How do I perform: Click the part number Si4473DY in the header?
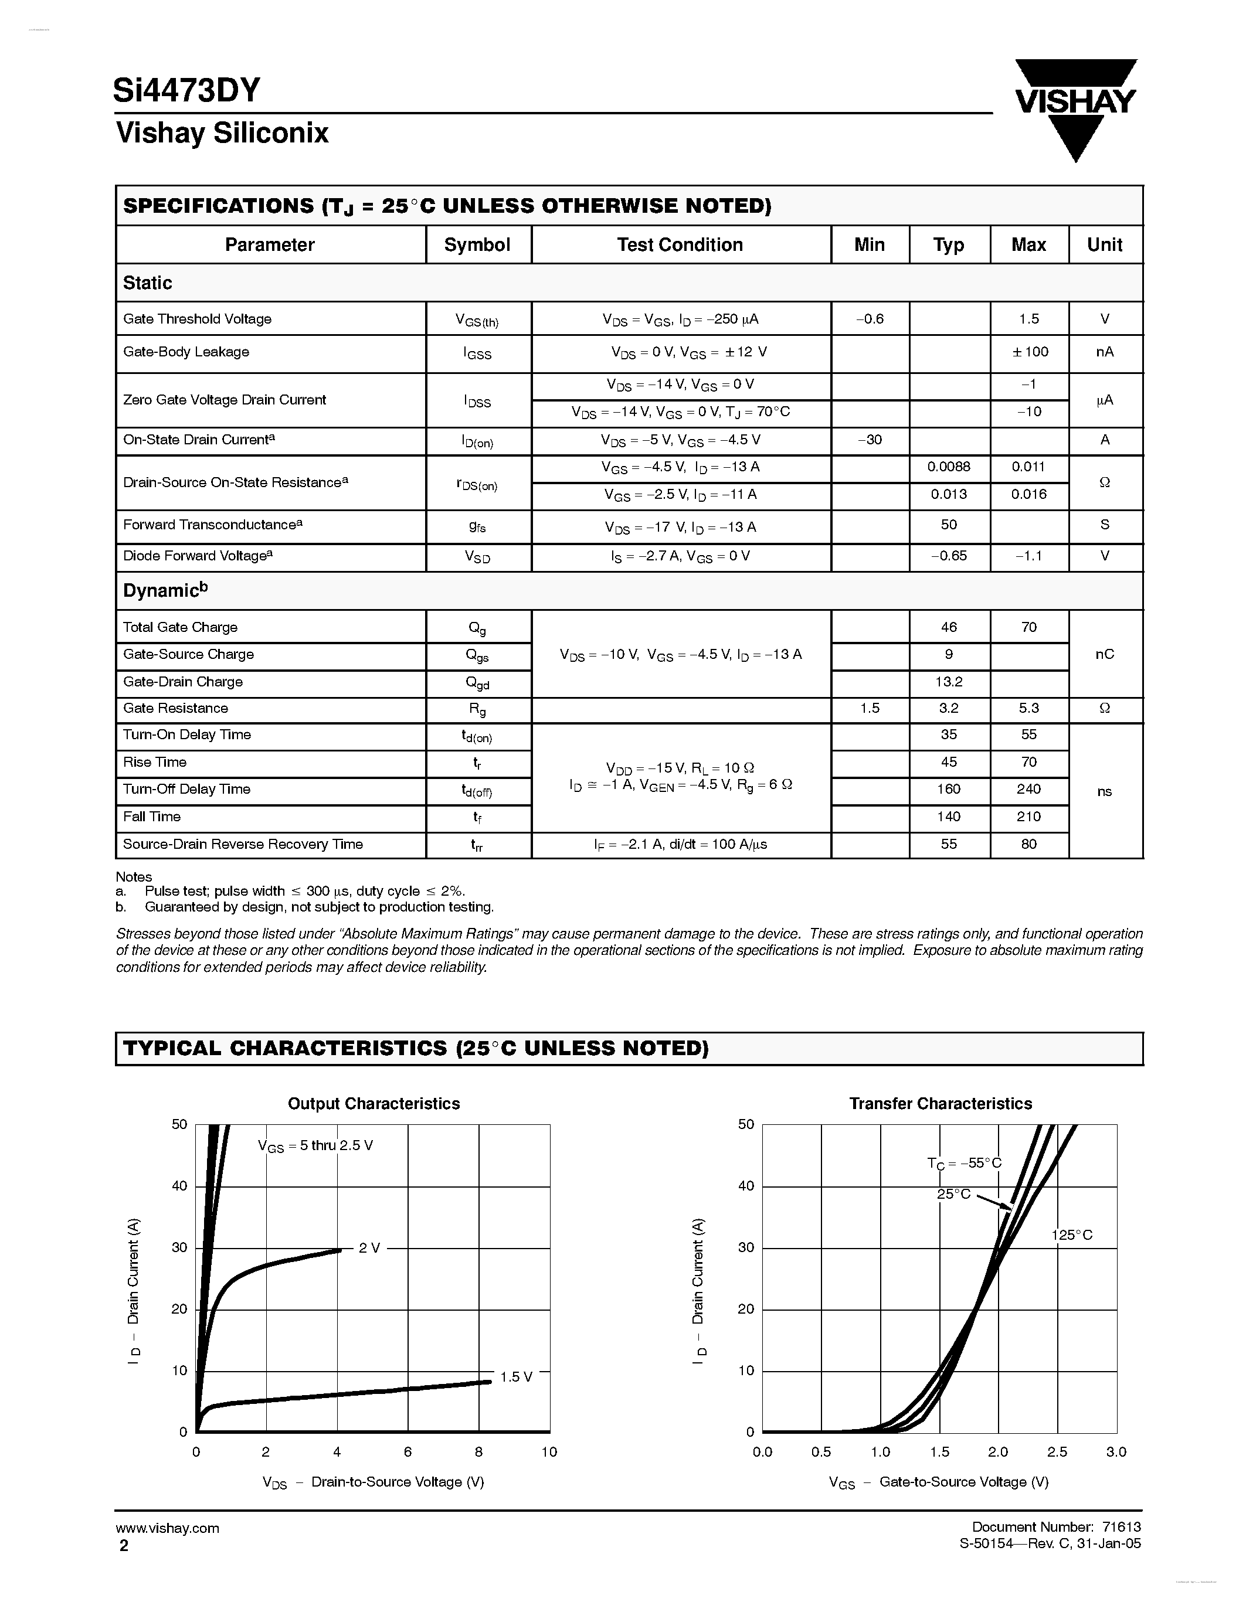186,91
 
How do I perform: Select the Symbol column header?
477,245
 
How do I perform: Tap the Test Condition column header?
680,245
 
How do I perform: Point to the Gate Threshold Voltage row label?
197,319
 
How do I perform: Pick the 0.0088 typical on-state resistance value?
949,467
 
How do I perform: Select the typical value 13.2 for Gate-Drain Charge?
949,682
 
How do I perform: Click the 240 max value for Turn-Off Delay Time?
1028,789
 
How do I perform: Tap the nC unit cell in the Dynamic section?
1104,655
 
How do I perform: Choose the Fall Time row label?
152,817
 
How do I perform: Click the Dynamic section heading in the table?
165,590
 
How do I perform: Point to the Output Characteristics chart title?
374,1103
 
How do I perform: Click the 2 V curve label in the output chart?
369,1248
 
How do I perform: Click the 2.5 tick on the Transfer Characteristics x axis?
1057,1452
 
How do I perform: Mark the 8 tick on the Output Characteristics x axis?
478,1452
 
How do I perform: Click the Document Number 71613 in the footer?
1056,1527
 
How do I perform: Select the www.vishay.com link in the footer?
168,1528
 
